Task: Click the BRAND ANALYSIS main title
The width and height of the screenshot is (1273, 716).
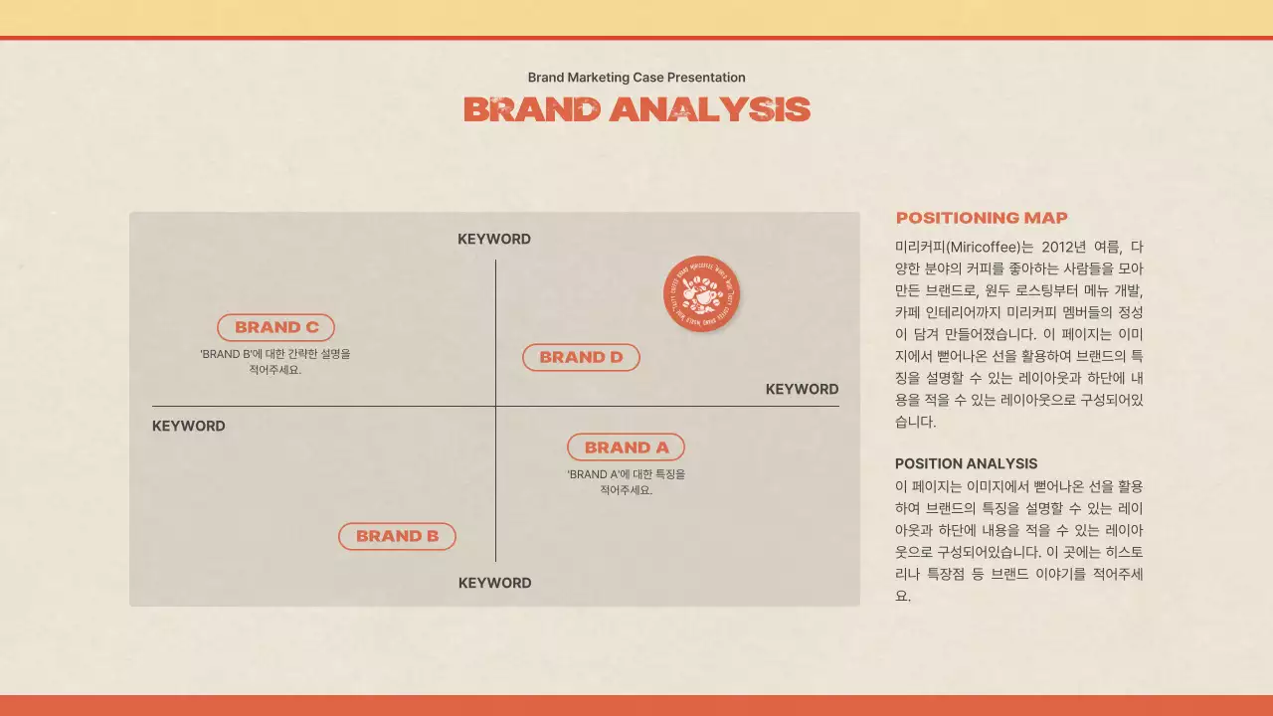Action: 636,109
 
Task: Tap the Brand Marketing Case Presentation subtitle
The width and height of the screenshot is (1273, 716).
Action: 636,78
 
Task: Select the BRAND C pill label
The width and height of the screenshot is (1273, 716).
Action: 275,327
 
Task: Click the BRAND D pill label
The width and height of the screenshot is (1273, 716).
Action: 581,357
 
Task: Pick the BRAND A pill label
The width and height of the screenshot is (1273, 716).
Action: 626,447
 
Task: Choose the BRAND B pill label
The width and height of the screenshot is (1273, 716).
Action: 397,536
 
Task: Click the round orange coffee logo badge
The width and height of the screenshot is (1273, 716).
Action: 701,293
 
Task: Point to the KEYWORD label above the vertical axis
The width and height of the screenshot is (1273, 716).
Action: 494,240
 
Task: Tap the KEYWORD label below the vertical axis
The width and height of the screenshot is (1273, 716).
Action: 494,583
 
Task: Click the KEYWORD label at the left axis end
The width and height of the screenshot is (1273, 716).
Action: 189,427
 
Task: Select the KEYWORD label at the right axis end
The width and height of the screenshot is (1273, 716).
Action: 802,390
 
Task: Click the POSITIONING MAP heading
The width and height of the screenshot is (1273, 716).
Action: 982,218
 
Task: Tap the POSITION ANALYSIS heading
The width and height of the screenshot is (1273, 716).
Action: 966,463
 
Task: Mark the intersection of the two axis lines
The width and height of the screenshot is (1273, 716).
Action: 495,407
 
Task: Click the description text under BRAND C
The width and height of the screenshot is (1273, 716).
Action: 275,362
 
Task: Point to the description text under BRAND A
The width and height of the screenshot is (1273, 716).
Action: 627,482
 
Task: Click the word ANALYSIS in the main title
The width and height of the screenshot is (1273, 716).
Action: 710,109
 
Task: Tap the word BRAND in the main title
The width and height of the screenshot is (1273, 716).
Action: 532,109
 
